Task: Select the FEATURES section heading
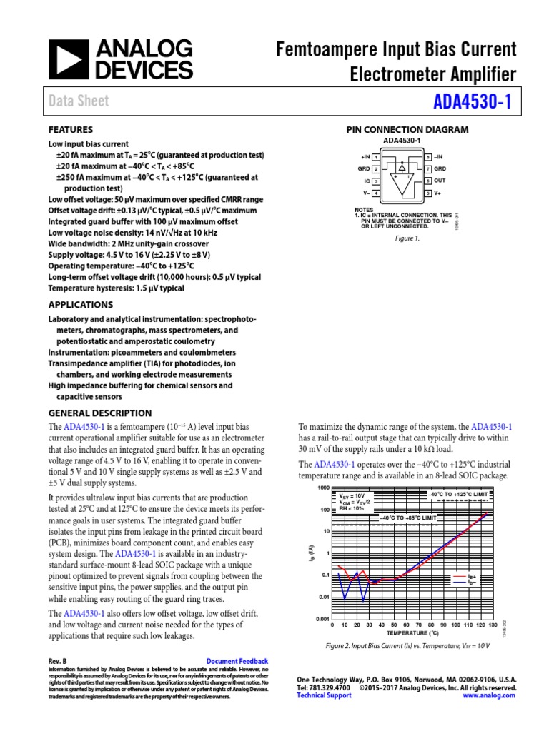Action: (70, 130)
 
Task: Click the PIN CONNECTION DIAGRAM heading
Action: (407, 130)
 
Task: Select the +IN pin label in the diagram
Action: (364, 156)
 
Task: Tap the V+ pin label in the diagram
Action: (437, 193)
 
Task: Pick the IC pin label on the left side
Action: (367, 181)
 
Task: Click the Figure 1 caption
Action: (407, 239)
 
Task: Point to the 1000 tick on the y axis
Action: (321, 488)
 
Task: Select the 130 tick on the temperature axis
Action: (492, 625)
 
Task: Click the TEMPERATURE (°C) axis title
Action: (412, 633)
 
